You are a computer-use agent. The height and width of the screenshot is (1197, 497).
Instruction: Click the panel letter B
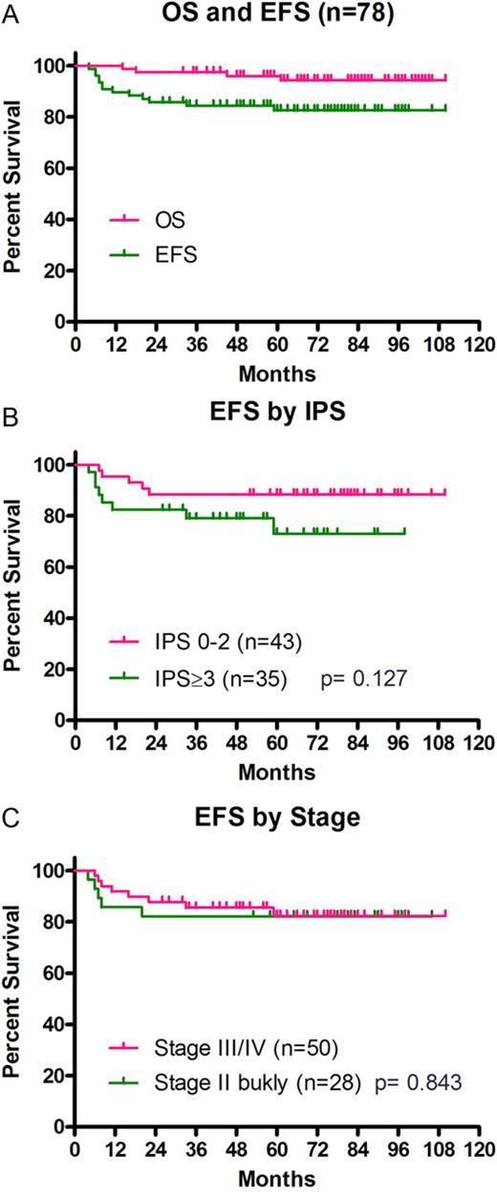(10, 411)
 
